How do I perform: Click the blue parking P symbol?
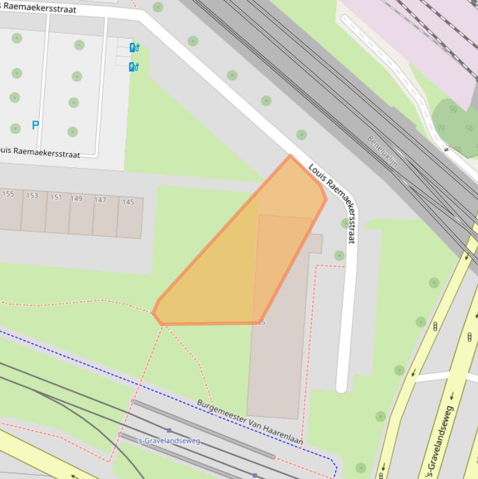(x=35, y=125)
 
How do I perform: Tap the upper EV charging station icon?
(x=134, y=47)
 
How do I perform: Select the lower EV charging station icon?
(x=134, y=67)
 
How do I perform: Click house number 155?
(x=8, y=194)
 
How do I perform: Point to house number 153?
(x=32, y=195)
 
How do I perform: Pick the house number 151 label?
(x=56, y=197)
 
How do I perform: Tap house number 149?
(x=76, y=198)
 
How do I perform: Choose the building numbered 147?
(x=100, y=200)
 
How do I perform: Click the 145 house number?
(x=128, y=202)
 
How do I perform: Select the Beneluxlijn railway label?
(x=382, y=151)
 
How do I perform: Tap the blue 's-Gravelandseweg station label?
(x=169, y=440)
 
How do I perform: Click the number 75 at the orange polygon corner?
(x=262, y=322)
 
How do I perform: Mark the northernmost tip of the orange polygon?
(x=290, y=156)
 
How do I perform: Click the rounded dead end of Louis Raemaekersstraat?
(x=341, y=388)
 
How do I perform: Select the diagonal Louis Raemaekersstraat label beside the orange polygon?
(x=333, y=202)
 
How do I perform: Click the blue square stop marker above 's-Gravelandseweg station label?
(x=169, y=430)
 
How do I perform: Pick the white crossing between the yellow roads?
(x=433, y=377)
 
